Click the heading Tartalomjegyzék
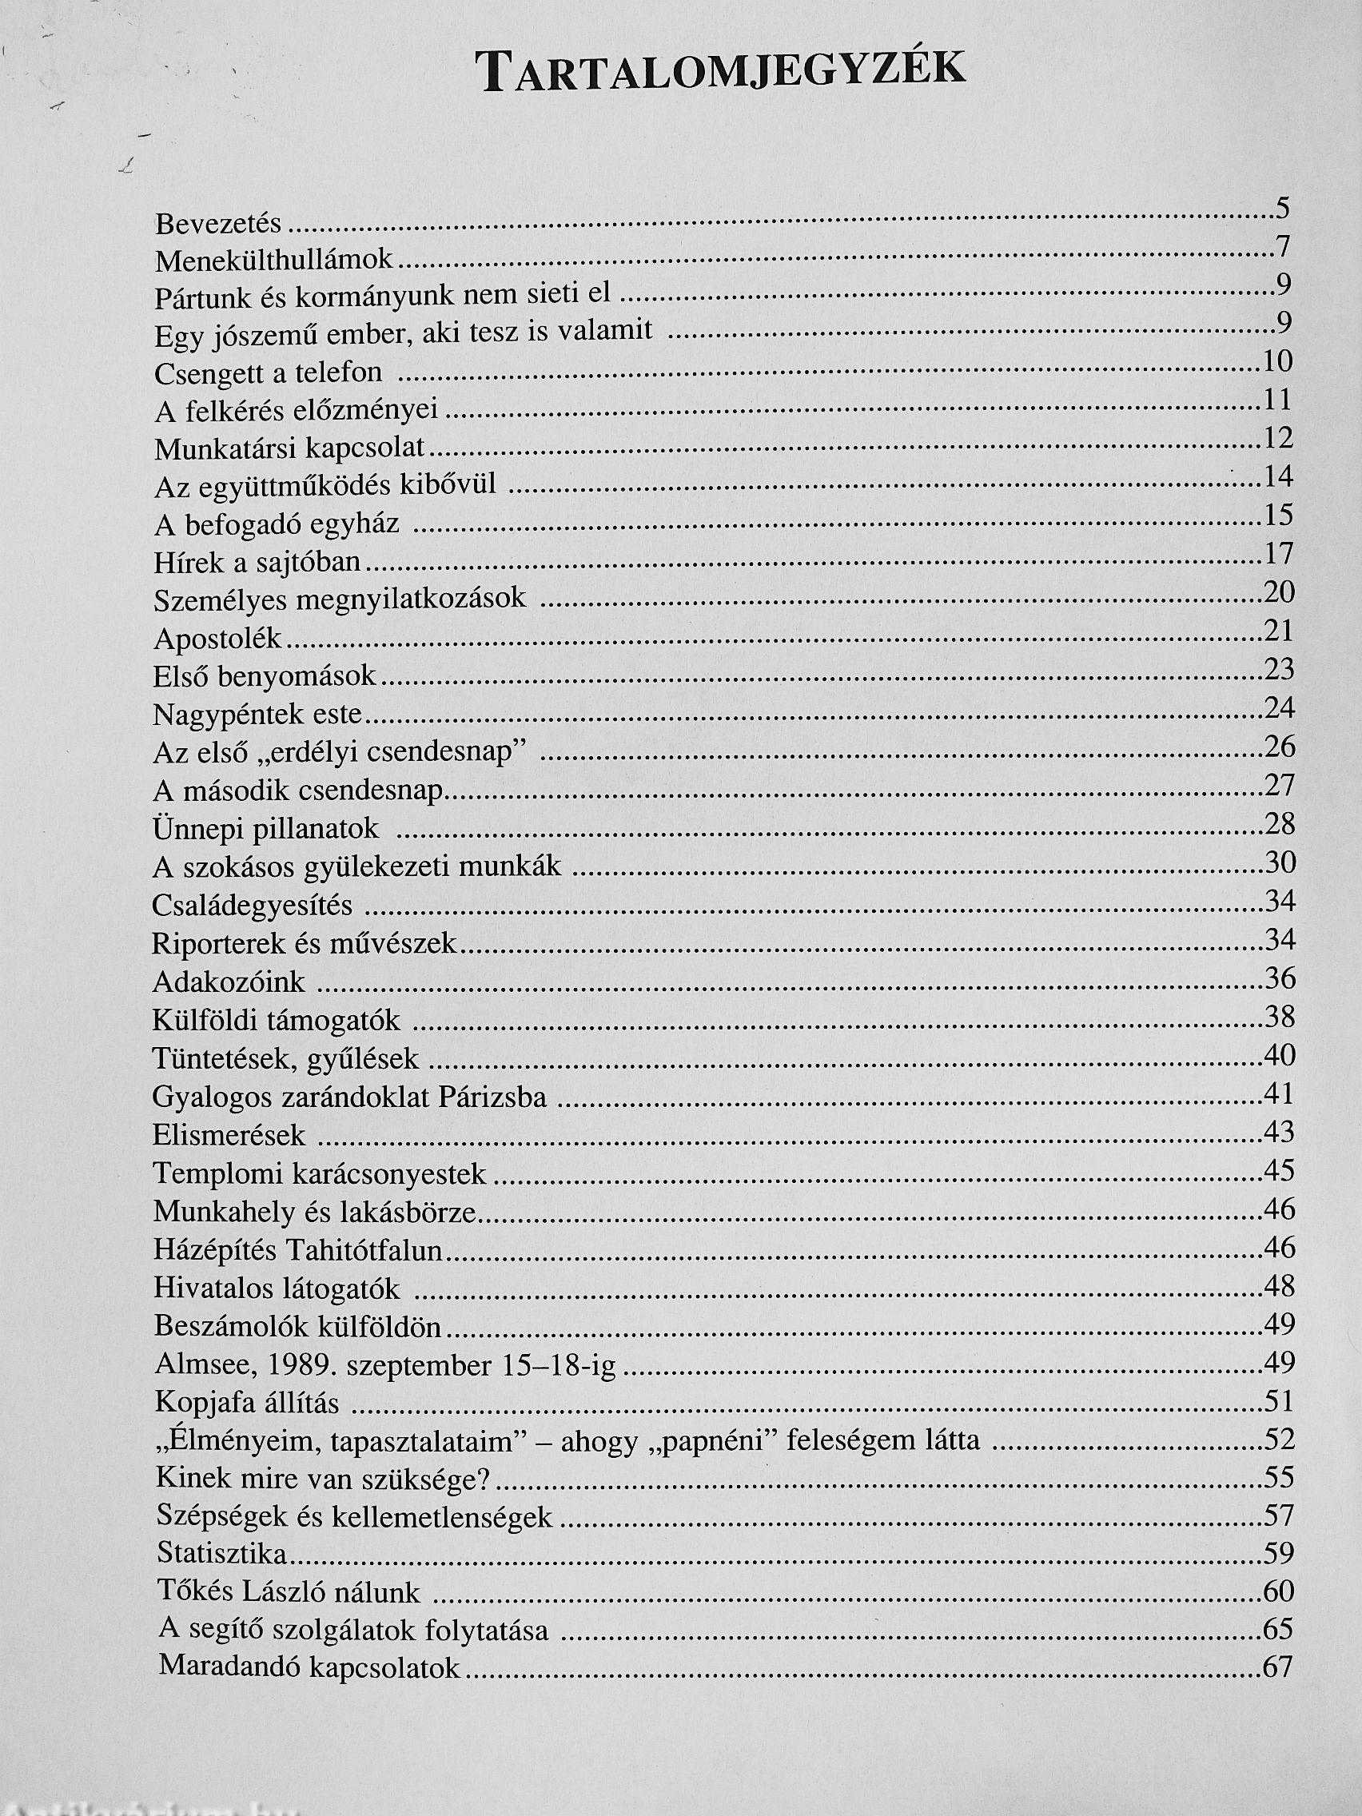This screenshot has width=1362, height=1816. (723, 72)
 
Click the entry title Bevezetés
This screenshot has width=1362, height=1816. (218, 223)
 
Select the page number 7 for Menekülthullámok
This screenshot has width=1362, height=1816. (1283, 246)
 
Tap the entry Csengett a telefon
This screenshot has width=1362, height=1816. (269, 372)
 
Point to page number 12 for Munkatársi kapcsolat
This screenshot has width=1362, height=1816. (1278, 438)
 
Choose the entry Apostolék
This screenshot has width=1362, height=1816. (217, 639)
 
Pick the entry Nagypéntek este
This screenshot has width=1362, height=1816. (257, 715)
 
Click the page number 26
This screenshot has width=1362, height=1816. (1279, 747)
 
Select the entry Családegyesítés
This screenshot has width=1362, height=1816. (252, 906)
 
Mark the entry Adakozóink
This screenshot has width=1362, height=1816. (229, 982)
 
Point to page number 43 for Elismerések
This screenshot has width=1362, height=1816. (1279, 1133)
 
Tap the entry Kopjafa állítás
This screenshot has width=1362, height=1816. (247, 1403)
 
